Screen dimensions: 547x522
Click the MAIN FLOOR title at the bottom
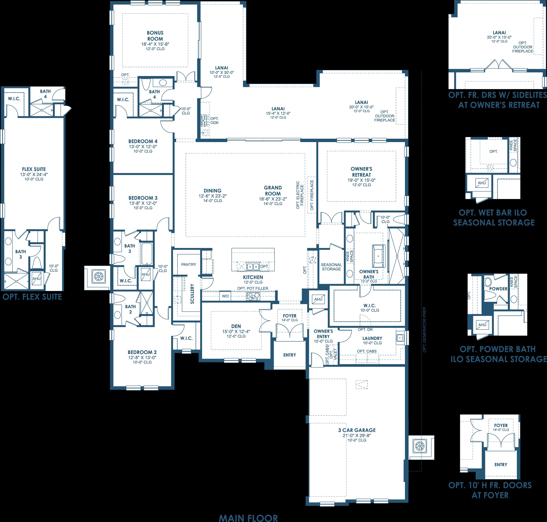(x=248, y=518)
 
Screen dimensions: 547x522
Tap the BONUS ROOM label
(x=155, y=36)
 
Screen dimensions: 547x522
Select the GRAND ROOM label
(x=273, y=191)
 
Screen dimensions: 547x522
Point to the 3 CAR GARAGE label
(x=357, y=430)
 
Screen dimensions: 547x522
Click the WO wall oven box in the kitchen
(x=225, y=296)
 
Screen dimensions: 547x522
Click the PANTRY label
(x=189, y=264)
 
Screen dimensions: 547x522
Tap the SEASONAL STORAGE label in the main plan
(x=331, y=267)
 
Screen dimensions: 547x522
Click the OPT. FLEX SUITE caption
(x=32, y=297)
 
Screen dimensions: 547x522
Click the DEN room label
(x=236, y=326)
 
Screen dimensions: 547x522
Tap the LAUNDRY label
(x=372, y=338)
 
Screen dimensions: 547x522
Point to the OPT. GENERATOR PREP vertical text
(x=424, y=330)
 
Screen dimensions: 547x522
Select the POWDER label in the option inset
(x=498, y=289)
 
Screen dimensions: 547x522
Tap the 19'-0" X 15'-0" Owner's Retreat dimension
(x=361, y=180)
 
